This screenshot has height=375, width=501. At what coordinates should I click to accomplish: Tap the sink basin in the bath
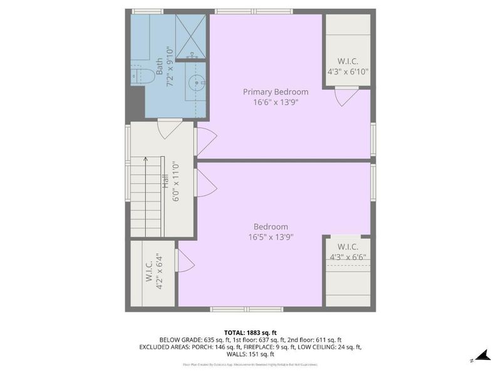tap(197, 81)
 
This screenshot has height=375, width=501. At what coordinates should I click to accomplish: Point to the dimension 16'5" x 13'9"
tap(271, 237)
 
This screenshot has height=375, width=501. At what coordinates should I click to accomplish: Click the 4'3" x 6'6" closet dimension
tap(348, 256)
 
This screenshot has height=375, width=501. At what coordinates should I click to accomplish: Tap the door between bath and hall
tap(169, 129)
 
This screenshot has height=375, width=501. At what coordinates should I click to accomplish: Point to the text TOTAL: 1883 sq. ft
tap(250, 332)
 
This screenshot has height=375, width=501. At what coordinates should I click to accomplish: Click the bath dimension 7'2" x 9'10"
tap(169, 67)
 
